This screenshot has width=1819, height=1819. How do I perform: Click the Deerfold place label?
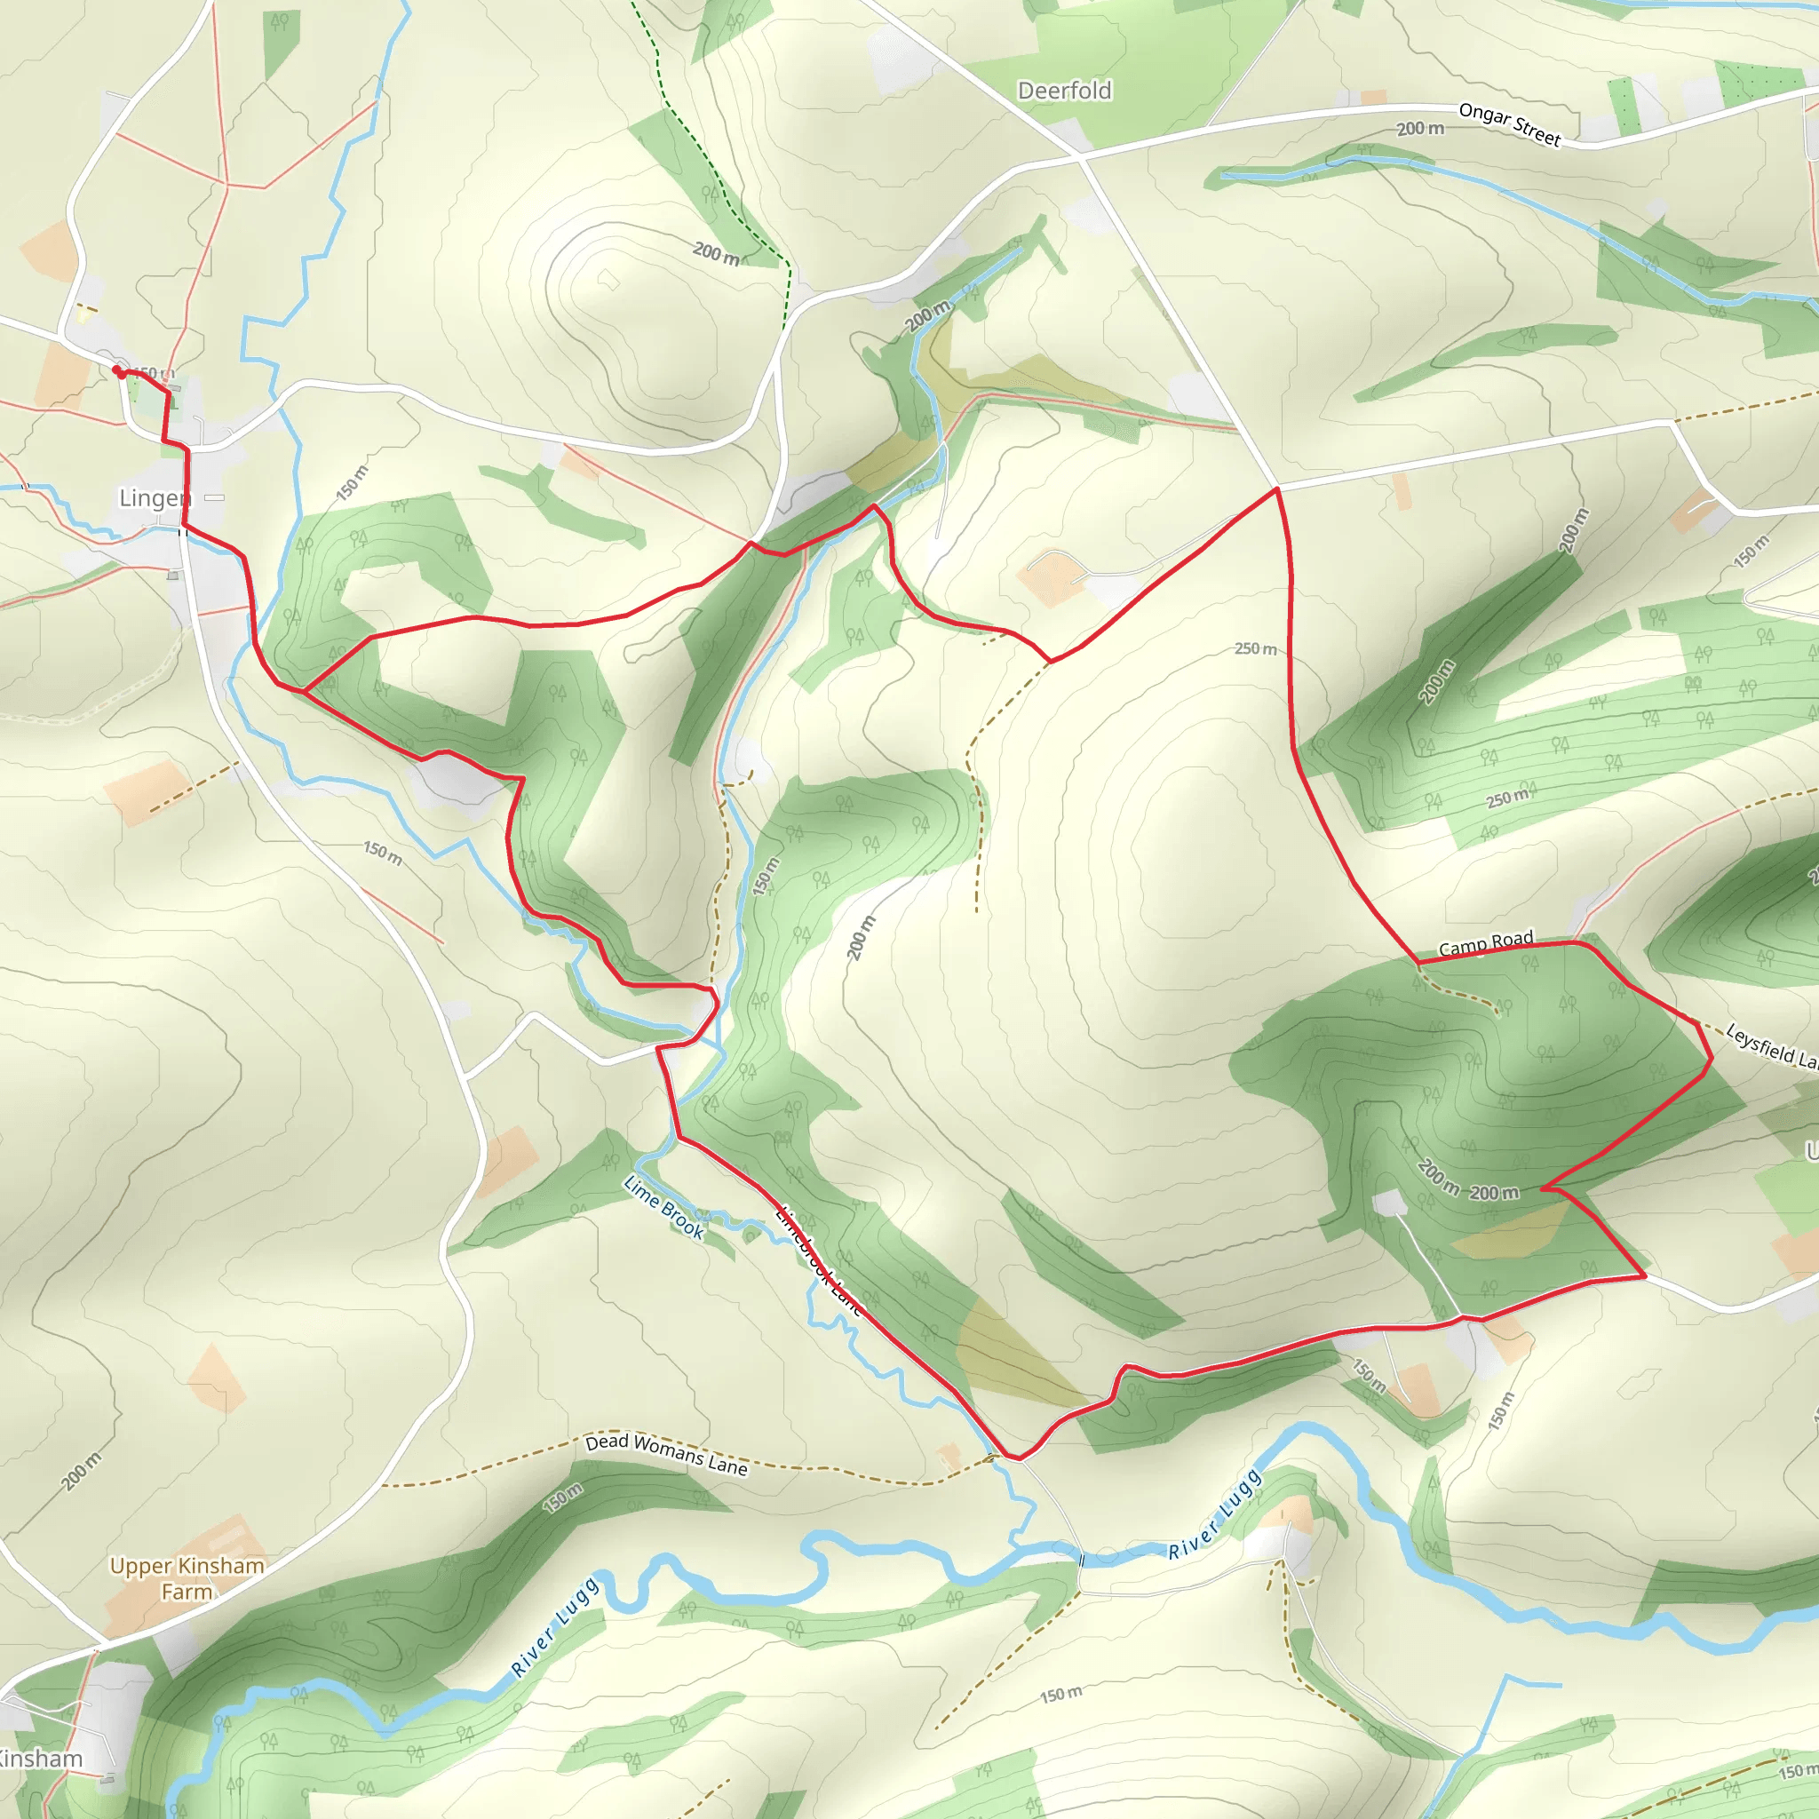[1064, 91]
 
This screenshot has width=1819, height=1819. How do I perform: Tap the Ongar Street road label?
[1509, 124]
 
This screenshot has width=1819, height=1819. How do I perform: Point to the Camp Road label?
[1486, 942]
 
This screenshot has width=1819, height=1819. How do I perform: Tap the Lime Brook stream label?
[663, 1206]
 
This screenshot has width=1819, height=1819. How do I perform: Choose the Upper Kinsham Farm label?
[187, 1578]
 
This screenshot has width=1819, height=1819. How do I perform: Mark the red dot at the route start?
[119, 372]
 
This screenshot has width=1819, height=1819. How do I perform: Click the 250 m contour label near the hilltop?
[1255, 648]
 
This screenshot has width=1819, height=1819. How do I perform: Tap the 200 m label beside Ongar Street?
[1420, 128]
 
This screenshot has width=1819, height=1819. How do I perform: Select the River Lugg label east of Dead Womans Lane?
[1213, 1515]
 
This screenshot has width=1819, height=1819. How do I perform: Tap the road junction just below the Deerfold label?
[1079, 156]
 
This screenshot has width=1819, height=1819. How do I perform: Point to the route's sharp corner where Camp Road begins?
[1418, 962]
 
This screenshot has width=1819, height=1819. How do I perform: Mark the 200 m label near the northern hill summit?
[716, 252]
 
